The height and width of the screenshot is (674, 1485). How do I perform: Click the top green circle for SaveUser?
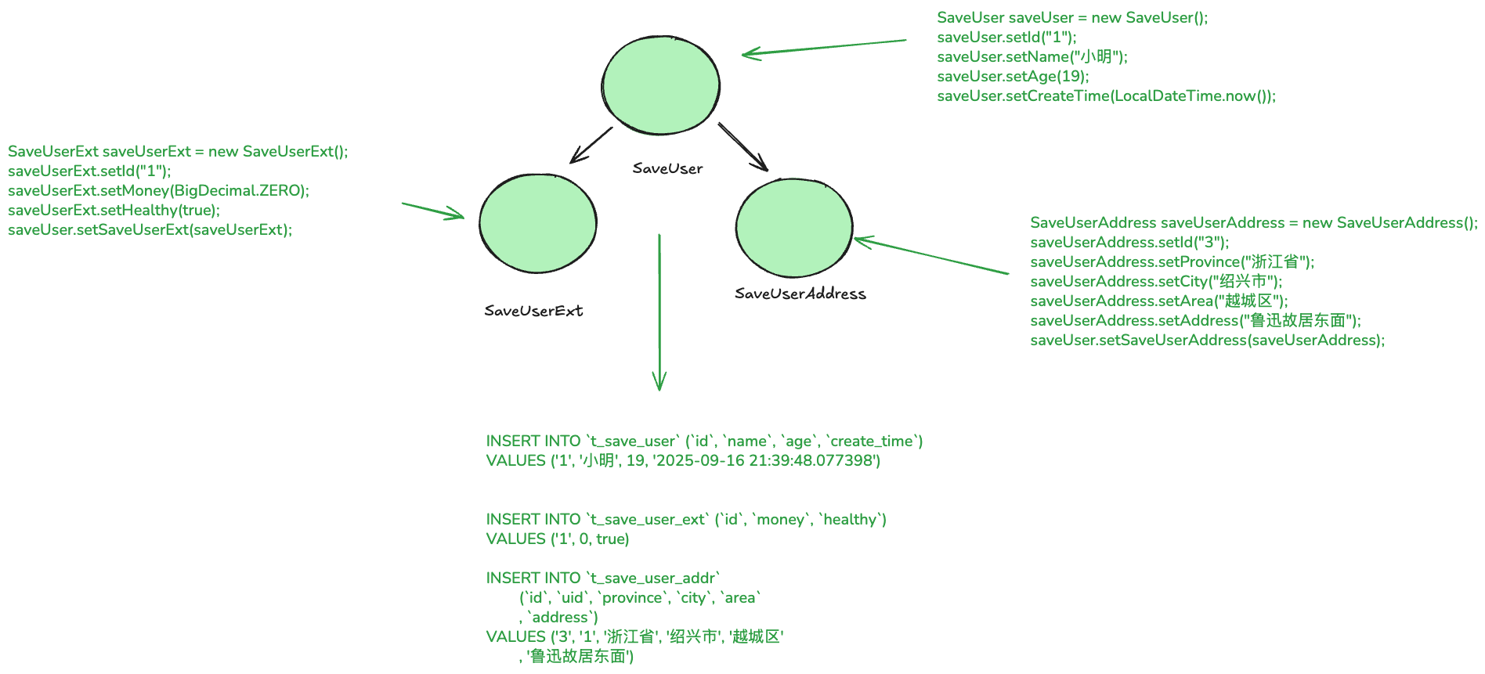pyautogui.click(x=660, y=85)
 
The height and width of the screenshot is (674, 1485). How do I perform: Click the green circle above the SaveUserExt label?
pyautogui.click(x=537, y=223)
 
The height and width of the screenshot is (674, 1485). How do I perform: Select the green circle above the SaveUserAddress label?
pyautogui.click(x=793, y=227)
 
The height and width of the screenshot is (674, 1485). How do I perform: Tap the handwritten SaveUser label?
pyautogui.click(x=667, y=168)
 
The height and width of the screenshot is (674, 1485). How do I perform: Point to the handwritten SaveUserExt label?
pyautogui.click(x=533, y=311)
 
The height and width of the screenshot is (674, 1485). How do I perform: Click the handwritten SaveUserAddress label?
pyautogui.click(x=800, y=294)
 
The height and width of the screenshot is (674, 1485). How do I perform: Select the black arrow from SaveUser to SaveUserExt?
pyautogui.click(x=591, y=145)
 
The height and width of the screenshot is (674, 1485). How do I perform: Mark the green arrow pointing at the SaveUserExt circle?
pyautogui.click(x=432, y=211)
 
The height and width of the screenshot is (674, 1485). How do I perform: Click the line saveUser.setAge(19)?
pyautogui.click(x=1013, y=76)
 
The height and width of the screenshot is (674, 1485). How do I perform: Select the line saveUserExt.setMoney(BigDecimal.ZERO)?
pyautogui.click(x=158, y=190)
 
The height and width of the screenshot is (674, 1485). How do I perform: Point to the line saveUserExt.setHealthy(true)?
pyautogui.click(x=114, y=210)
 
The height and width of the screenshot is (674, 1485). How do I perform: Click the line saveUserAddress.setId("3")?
pyautogui.click(x=1129, y=242)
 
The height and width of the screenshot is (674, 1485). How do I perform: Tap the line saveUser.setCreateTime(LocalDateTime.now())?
pyautogui.click(x=1106, y=96)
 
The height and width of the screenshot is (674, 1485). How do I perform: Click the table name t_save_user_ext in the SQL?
pyautogui.click(x=648, y=519)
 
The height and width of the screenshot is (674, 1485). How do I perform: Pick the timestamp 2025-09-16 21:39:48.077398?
pyautogui.click(x=764, y=460)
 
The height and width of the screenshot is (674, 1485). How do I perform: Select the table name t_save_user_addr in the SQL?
pyautogui.click(x=653, y=578)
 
